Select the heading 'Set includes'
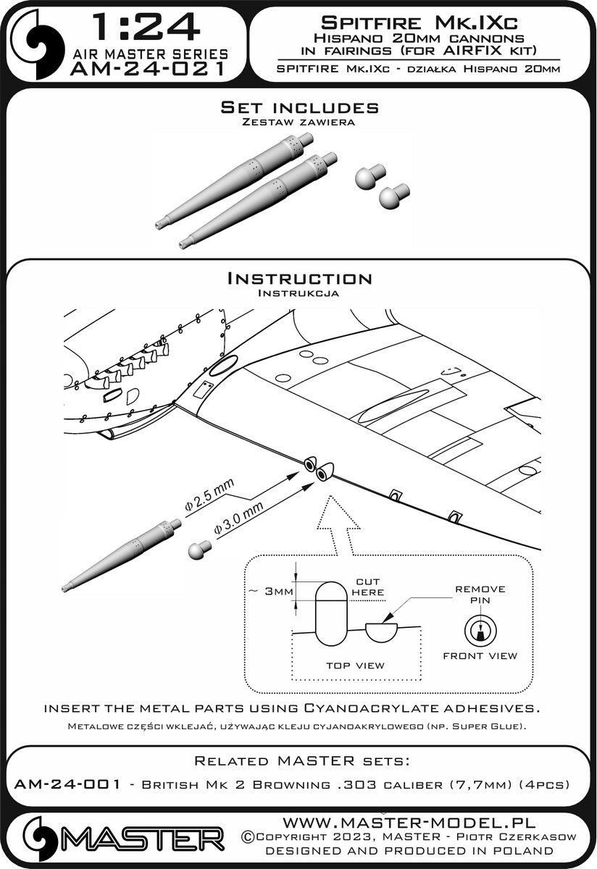pos(299,107)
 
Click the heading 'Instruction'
pos(299,279)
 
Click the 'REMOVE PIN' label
pos(480,595)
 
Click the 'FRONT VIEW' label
pos(480,655)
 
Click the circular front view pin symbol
pos(479,630)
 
